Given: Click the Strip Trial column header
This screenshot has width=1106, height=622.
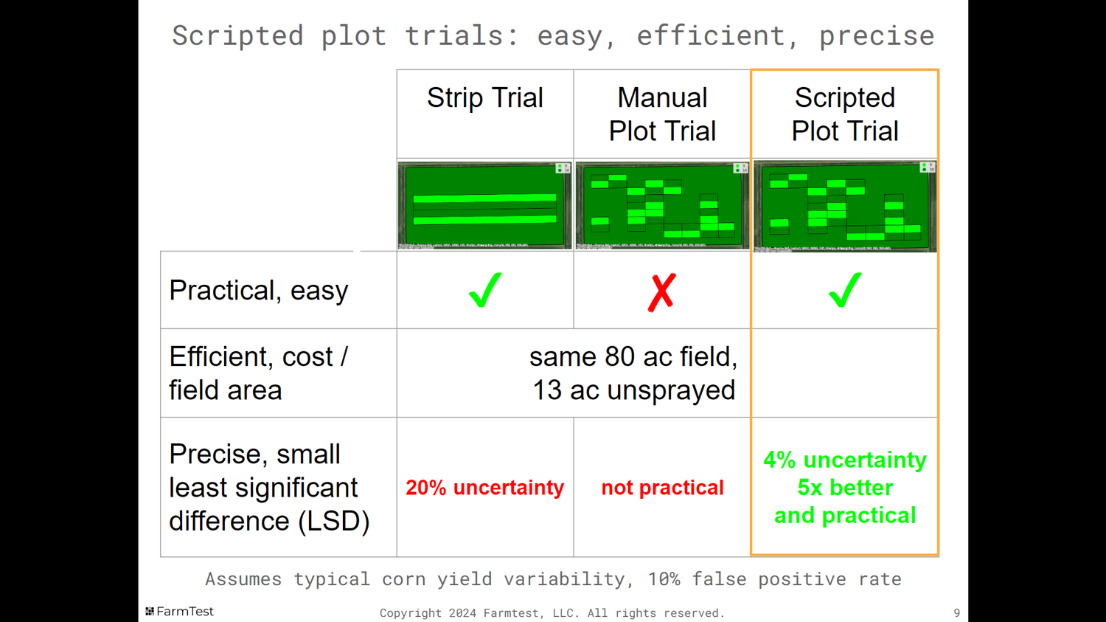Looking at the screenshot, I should click(484, 98).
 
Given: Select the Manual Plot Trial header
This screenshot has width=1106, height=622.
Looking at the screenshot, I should click(662, 114).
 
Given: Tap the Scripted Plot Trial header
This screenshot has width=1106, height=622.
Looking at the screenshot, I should click(844, 114).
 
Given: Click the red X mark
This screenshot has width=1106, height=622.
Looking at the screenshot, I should click(662, 292).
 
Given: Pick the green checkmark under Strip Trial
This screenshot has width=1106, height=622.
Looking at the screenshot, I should click(484, 290).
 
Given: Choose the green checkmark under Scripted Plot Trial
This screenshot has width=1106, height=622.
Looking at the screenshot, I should click(844, 290).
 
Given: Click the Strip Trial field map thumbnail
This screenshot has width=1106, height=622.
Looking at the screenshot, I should click(484, 205).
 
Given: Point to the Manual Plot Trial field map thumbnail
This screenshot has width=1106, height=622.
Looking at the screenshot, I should click(662, 205).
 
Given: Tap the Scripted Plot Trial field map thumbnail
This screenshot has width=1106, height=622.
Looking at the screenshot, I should click(844, 206).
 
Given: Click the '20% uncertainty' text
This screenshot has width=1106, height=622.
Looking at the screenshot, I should click(484, 488).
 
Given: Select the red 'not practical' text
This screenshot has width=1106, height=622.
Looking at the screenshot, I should click(662, 488).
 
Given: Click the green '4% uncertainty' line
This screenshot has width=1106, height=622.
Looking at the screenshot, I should click(844, 460).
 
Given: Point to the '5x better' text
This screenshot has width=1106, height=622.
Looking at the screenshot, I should click(845, 488).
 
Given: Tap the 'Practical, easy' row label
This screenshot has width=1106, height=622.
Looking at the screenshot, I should click(258, 291).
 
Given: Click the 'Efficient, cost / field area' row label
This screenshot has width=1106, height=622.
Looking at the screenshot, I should click(258, 373).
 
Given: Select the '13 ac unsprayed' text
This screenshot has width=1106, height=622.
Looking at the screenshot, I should click(633, 390).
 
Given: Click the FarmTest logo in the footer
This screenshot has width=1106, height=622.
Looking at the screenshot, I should click(180, 612).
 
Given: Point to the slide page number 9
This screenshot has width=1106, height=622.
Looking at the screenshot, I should click(956, 613).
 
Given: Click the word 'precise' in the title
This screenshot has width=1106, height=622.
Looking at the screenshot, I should click(877, 35).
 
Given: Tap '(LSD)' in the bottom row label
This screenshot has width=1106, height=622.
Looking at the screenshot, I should click(333, 522).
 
